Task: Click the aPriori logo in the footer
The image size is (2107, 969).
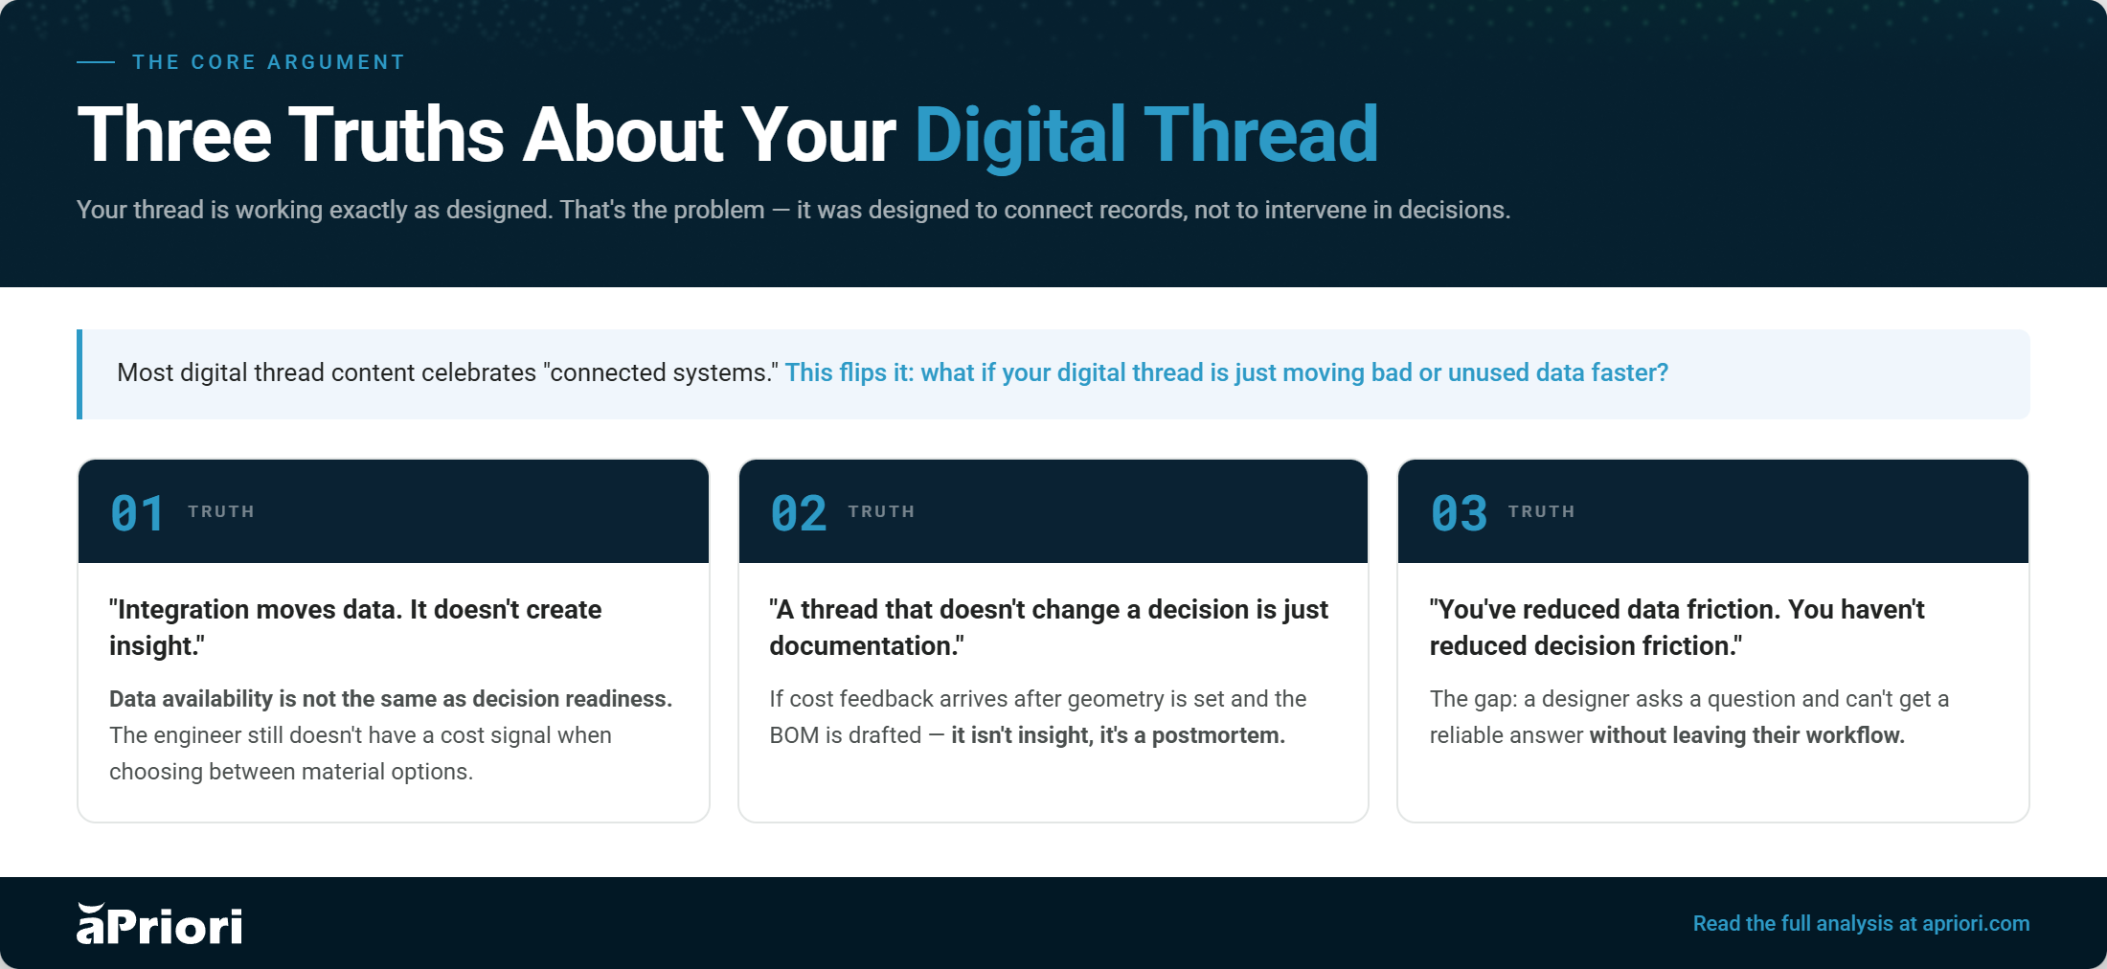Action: [x=159, y=924]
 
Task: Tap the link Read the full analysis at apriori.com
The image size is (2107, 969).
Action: [x=1861, y=924]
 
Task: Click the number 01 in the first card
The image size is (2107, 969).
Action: [x=137, y=513]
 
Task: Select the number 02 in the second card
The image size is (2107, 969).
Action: [x=798, y=513]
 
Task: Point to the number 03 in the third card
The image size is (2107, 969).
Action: [x=1459, y=513]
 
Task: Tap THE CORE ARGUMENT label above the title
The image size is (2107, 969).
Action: [x=268, y=62]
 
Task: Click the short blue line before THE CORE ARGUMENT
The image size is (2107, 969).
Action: [x=96, y=62]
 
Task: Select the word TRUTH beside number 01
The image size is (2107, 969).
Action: [x=221, y=511]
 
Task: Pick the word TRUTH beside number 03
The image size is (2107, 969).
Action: [x=1542, y=511]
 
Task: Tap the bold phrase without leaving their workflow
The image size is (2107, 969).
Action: [x=1747, y=735]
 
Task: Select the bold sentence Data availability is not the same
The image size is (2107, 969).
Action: [x=391, y=699]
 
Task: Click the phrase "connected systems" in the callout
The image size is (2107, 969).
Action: [x=661, y=372]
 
